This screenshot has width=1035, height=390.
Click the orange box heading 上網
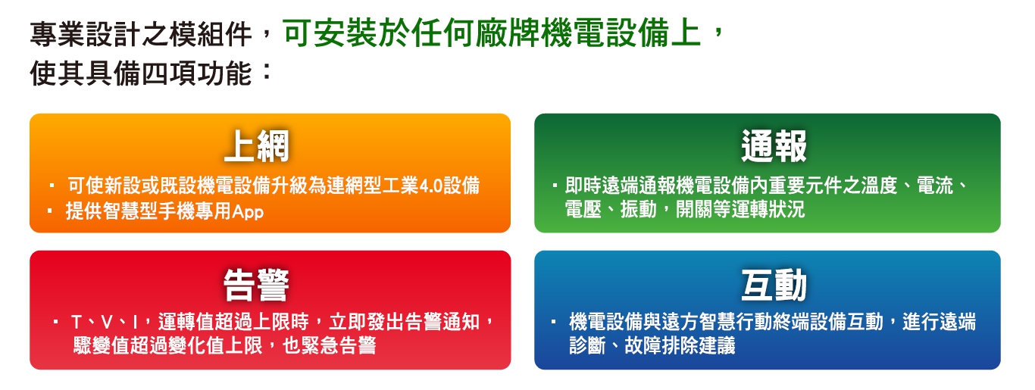[x=257, y=146]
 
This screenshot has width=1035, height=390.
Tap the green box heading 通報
[x=774, y=146]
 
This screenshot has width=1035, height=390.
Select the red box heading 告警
[x=256, y=285]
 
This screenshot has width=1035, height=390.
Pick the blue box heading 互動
[x=774, y=285]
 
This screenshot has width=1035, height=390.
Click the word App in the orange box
[x=248, y=212]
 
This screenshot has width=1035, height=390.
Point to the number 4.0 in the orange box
[x=430, y=186]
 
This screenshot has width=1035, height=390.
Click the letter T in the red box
[x=77, y=323]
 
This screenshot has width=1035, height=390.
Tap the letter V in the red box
[x=106, y=323]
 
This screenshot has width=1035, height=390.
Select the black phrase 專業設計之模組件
[x=141, y=35]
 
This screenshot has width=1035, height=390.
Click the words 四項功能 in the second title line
[x=197, y=73]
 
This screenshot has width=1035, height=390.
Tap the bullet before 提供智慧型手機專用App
[x=50, y=211]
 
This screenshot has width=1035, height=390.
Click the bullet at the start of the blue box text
[x=554, y=322]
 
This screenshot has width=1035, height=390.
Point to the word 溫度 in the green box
[x=879, y=186]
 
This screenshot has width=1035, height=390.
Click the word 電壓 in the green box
[x=583, y=210]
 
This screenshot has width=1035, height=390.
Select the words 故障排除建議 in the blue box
[x=680, y=345]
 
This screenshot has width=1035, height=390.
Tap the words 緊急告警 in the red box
[x=338, y=345]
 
